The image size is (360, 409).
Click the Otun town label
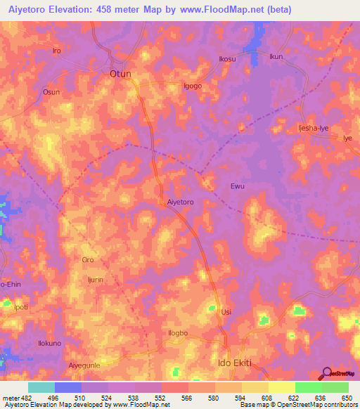120,73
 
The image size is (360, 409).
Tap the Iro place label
58,51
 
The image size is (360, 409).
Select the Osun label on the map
51,92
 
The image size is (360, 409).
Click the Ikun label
276,56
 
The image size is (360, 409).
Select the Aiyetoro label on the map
181,202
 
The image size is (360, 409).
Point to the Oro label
88,260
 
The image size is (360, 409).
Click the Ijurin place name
96,280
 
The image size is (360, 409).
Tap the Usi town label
226,312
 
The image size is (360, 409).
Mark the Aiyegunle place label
85,365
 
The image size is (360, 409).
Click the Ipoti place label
22,308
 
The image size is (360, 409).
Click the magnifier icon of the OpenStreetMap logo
326,373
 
